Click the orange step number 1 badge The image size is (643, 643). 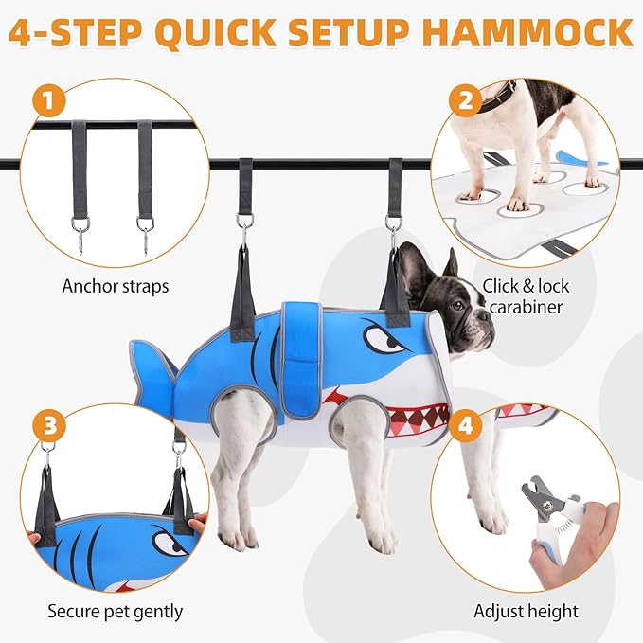tap(49, 101)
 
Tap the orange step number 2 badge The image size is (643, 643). tap(465, 101)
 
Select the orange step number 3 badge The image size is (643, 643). tap(49, 425)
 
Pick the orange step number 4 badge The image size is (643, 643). tap(465, 425)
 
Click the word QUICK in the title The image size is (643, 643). tap(216, 32)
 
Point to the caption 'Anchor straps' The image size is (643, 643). tap(116, 286)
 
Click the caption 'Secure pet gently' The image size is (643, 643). tap(116, 611)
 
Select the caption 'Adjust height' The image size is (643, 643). tap(527, 611)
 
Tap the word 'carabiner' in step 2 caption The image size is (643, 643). tap(527, 307)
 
